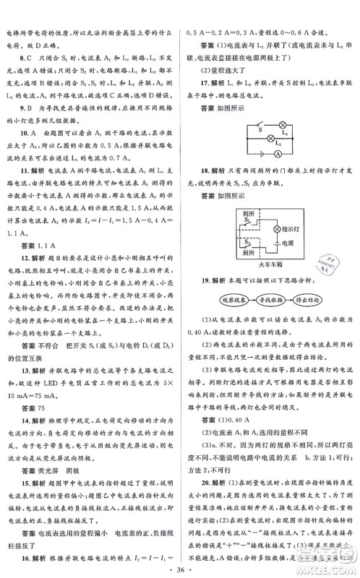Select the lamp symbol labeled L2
(x=272, y=137)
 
